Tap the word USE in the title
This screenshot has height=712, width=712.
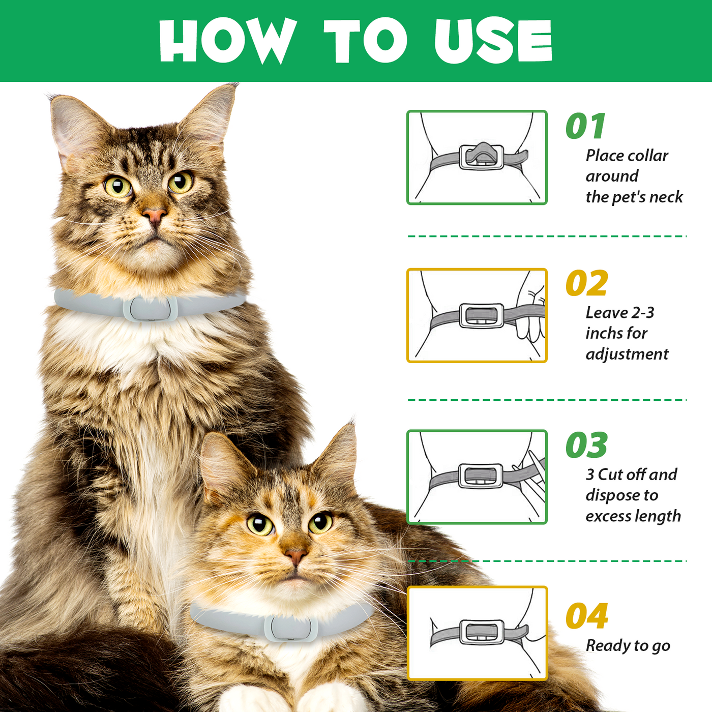point(493,41)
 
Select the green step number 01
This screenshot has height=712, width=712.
point(585,126)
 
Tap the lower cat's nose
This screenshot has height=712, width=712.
point(295,555)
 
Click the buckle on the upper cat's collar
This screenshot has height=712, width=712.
point(150,308)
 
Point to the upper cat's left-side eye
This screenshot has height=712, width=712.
point(117,186)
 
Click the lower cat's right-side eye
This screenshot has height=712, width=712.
point(320,522)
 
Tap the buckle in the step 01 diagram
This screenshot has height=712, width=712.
point(482,157)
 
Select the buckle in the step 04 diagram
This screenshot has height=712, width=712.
point(482,632)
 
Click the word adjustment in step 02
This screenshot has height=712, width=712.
point(627,354)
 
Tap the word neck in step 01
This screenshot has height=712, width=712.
point(666,197)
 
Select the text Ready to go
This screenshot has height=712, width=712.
point(628,646)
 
